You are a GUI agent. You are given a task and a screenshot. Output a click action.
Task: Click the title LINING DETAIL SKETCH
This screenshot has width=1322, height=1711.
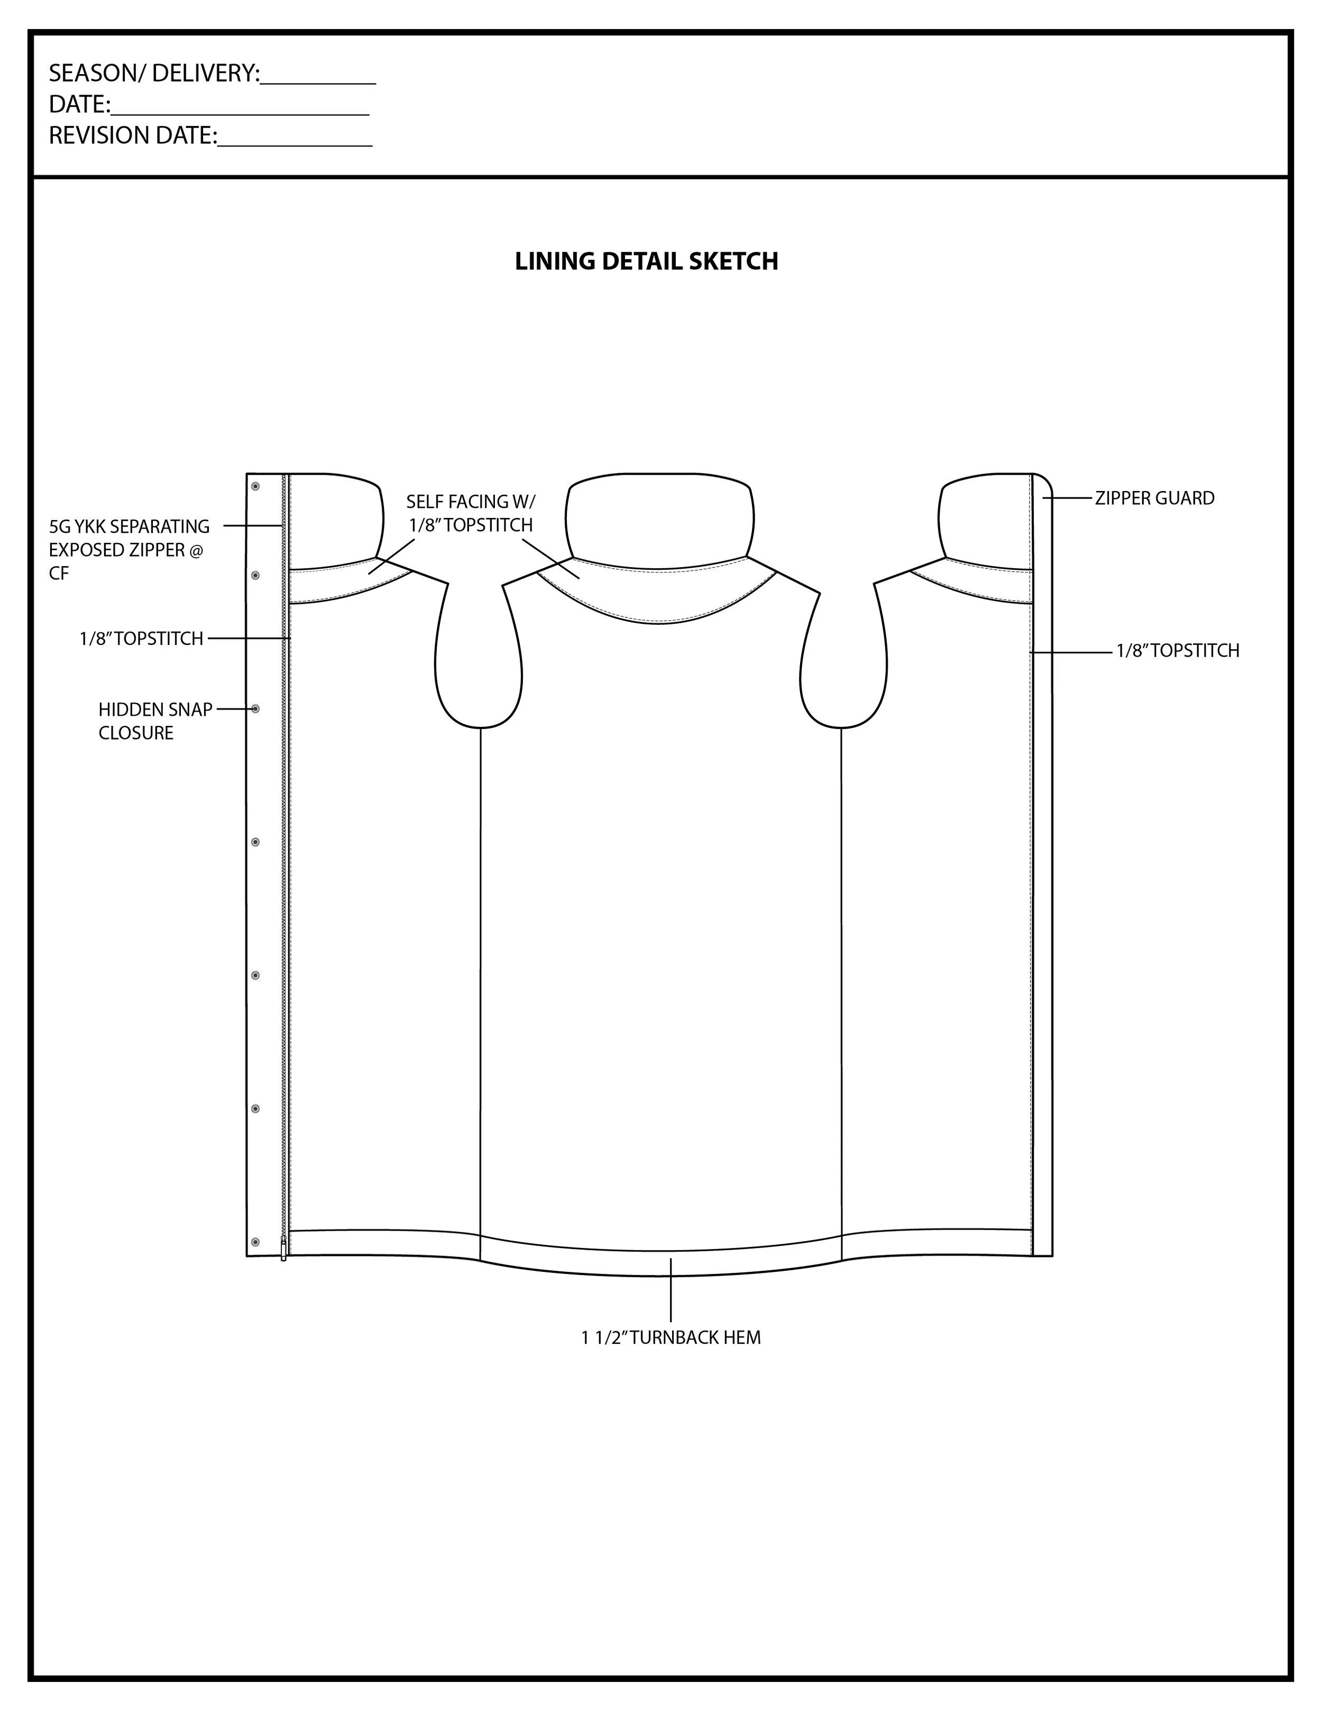tap(646, 261)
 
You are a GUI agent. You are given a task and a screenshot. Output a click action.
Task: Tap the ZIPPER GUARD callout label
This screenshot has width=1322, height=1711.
tap(1154, 498)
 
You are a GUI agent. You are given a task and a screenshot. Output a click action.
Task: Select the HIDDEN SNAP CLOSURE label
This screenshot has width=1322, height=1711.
tap(155, 721)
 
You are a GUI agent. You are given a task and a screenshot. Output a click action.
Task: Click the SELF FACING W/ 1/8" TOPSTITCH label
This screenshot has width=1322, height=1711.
tap(471, 513)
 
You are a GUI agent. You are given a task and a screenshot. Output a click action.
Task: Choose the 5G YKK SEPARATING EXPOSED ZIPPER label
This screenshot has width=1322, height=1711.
tap(129, 549)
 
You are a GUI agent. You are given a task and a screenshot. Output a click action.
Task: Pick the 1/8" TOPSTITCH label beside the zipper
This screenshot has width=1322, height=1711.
tap(141, 639)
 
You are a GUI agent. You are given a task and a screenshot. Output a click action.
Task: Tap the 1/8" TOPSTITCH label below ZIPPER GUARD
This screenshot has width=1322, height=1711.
tap(1177, 650)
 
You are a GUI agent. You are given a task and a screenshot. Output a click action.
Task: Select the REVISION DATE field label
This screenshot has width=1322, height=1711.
tap(132, 135)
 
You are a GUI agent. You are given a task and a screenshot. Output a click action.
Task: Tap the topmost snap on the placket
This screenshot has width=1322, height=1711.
tap(255, 487)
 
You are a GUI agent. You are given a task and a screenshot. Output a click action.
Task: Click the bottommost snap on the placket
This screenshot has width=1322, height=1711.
tap(255, 1242)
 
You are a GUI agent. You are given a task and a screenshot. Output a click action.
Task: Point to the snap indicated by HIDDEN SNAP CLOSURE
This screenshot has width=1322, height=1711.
tap(255, 709)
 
